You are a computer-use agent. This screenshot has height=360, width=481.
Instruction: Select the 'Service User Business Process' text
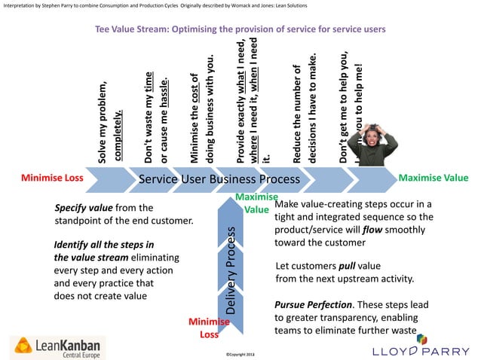click(219, 180)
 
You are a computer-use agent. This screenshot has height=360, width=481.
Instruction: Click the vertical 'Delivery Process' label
click(232, 268)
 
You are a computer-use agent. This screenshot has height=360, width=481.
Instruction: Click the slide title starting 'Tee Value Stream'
click(240, 29)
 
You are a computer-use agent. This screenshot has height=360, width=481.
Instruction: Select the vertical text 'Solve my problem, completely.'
click(109, 121)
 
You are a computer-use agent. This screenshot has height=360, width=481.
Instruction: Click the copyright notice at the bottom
click(240, 352)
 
